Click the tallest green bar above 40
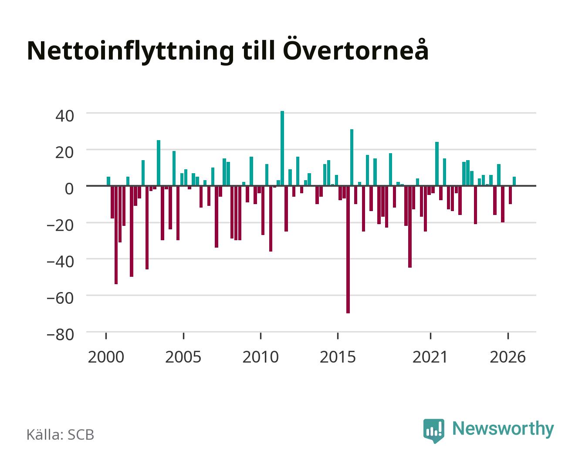click(282, 148)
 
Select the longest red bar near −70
click(348, 249)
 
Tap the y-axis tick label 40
click(64, 116)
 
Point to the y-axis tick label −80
click(61, 335)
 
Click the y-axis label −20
click(61, 225)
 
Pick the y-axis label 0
click(69, 189)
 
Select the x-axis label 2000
click(106, 357)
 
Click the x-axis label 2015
click(338, 357)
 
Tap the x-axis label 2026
click(508, 357)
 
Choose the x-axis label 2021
click(430, 357)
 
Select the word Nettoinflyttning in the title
click(131, 52)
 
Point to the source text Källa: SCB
click(61, 434)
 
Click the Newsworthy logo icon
click(433, 430)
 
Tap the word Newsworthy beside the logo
click(503, 429)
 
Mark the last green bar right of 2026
click(514, 181)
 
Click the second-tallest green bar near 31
click(352, 158)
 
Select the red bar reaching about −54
click(116, 235)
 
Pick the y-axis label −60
click(61, 299)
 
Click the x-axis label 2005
click(183, 357)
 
